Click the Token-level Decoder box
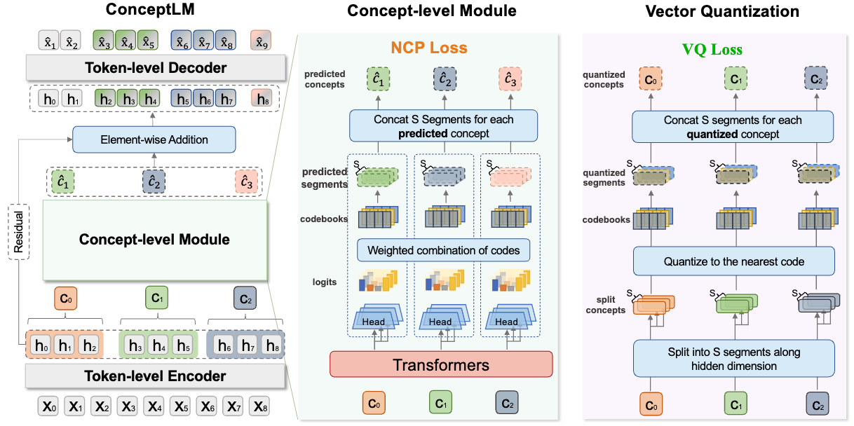coord(156,68)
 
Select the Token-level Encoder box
coord(155,376)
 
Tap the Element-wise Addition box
coord(154,139)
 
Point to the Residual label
coord(19,232)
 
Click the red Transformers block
coord(441,364)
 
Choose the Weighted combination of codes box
coord(443,250)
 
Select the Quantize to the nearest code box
coord(734,261)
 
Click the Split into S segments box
coord(734,359)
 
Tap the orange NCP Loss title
coord(429,48)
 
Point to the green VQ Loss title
coord(712,49)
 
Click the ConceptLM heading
coord(150,10)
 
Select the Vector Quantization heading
coord(722,11)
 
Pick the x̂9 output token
coord(261,41)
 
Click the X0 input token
coord(49,406)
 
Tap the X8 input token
coord(260,406)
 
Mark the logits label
coord(325,282)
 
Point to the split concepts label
coord(605,305)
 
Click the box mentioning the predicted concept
coord(443,126)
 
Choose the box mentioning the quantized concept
coord(733,127)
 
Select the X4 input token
coord(155,406)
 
